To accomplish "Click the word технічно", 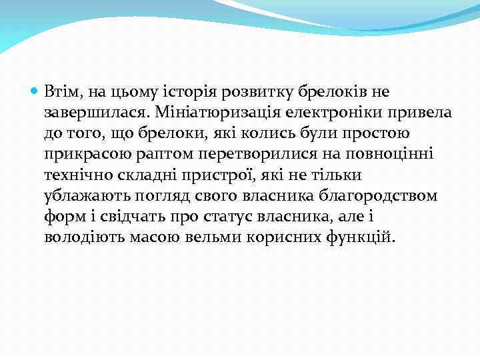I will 74,175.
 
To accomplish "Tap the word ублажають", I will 79,197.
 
